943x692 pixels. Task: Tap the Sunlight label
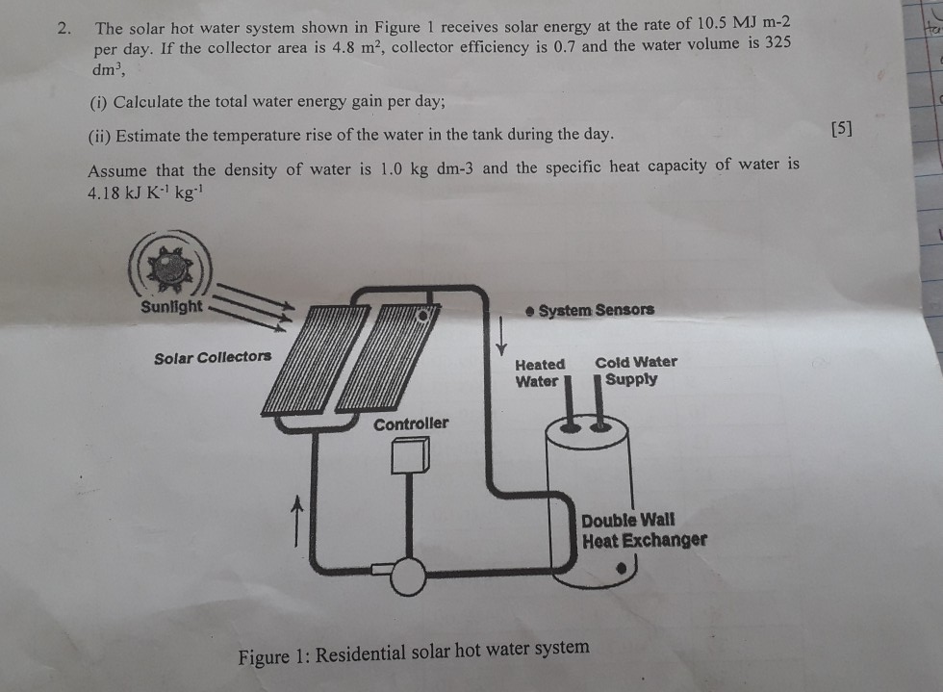(x=171, y=307)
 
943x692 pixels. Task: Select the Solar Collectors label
(x=213, y=357)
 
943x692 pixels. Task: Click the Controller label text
(x=411, y=423)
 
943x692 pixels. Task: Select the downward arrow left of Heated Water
(x=499, y=334)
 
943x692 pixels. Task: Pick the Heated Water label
(x=539, y=372)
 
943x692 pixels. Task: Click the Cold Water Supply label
(x=635, y=371)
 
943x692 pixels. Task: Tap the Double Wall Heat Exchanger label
(x=643, y=529)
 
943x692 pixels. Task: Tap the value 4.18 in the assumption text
(x=106, y=192)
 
